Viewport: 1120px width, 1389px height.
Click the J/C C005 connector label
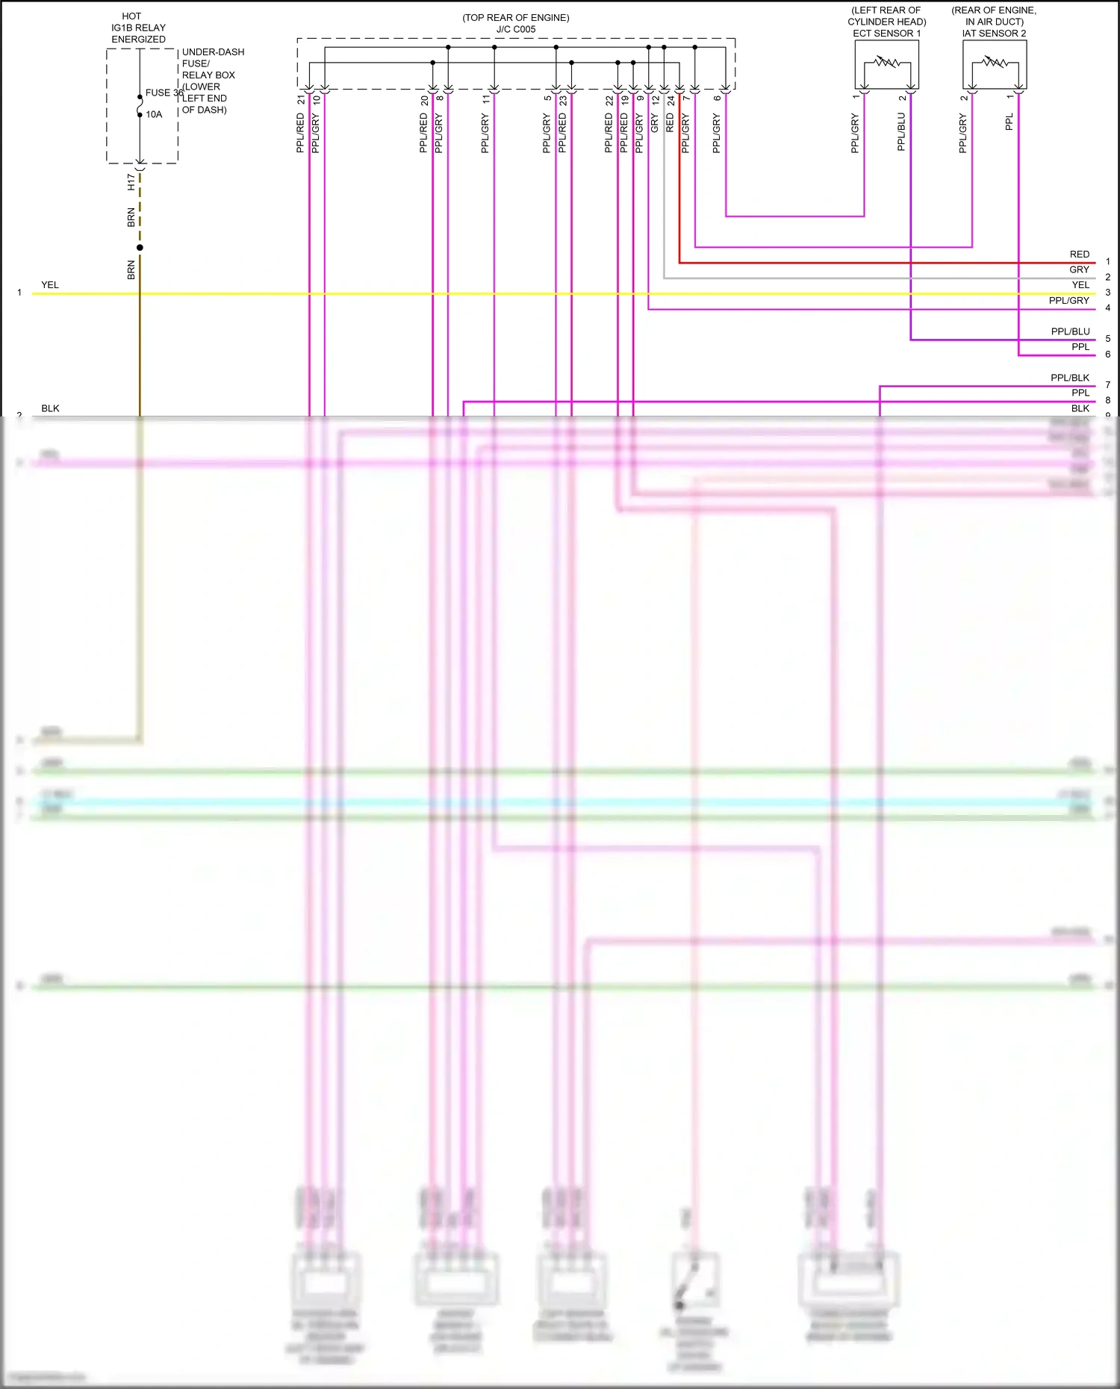point(516,30)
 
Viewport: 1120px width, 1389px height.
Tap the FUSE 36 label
point(164,93)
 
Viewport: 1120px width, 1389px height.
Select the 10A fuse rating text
point(154,114)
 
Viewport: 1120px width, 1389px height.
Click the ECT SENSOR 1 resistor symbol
point(887,63)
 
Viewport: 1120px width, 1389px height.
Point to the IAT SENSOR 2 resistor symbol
point(995,63)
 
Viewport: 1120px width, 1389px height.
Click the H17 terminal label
point(131,182)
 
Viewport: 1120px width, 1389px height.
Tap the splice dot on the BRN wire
point(140,248)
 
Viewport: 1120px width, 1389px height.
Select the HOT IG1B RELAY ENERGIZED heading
point(138,28)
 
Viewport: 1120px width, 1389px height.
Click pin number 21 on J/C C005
point(301,99)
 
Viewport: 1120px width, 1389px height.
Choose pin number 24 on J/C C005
point(671,99)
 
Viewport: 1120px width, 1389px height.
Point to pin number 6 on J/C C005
point(717,99)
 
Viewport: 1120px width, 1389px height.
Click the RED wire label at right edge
point(1079,255)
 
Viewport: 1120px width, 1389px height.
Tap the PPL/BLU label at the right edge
point(1070,331)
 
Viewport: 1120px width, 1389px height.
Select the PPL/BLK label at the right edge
point(1069,378)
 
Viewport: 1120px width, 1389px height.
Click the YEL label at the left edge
point(50,285)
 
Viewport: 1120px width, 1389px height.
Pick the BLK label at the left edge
point(50,408)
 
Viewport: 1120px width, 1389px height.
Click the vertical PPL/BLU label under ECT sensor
point(901,132)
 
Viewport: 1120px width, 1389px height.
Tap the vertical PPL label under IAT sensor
point(1009,122)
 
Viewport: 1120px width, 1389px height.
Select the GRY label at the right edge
point(1079,269)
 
